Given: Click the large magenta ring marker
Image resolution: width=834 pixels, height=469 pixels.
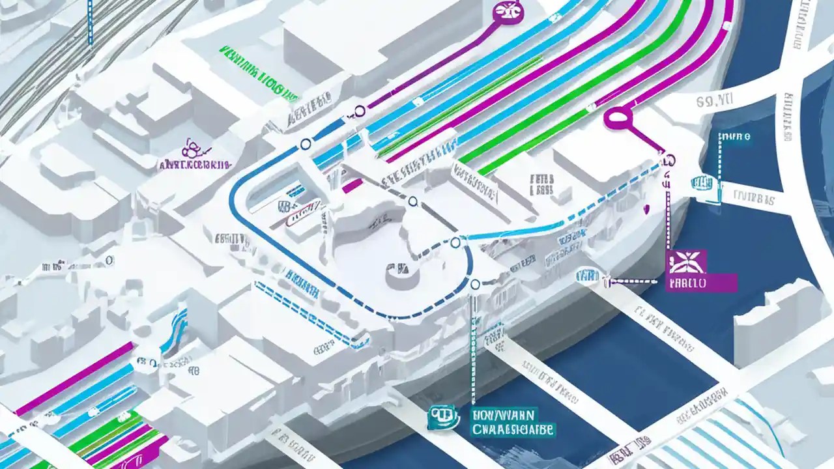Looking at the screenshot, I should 618,117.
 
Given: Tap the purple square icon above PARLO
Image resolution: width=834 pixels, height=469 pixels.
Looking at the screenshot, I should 686,263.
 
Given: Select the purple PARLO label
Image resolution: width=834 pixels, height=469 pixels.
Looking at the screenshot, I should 701,283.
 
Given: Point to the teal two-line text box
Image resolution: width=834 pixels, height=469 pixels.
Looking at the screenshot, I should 511,422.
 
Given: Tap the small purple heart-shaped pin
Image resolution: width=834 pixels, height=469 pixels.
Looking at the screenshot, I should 647,209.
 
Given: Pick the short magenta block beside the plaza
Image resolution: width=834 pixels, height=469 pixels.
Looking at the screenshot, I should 352,186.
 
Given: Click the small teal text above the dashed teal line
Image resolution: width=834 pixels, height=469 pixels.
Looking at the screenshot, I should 734,137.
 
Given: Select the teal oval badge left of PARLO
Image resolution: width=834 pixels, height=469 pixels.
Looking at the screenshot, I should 587,276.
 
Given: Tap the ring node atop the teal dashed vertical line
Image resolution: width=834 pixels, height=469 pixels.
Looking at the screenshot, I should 475,284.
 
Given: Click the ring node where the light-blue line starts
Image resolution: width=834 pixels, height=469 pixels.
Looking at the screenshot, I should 455,244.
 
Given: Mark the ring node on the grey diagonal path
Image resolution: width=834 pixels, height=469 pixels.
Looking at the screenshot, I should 412,201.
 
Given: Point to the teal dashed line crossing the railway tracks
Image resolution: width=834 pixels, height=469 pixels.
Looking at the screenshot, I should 91,23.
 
